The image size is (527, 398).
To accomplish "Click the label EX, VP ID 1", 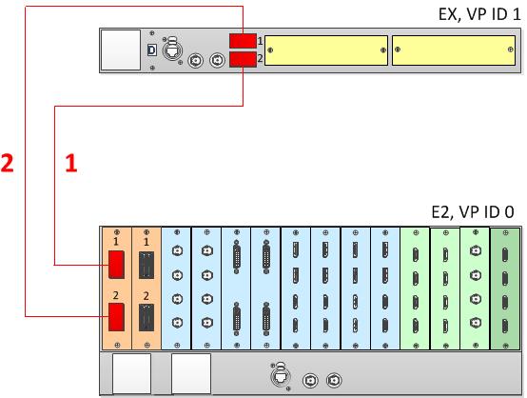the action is (x=479, y=14).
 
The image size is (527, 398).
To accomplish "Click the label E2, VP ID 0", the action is (x=473, y=212).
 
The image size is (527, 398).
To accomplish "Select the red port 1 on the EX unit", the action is (x=243, y=41).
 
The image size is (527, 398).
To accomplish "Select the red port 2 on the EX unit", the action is (x=243, y=60).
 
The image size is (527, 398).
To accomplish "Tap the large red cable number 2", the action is (x=7, y=163).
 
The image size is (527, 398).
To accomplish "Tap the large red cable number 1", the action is (x=71, y=163).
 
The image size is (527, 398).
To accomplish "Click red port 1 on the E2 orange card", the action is (x=116, y=265).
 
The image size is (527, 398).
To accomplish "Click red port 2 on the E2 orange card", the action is (x=116, y=317).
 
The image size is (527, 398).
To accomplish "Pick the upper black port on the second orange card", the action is (x=146, y=265).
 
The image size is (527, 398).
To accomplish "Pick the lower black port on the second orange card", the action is (x=146, y=318).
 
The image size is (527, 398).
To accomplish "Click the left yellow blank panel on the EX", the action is (x=326, y=50).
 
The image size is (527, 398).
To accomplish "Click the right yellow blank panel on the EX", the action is (x=454, y=50).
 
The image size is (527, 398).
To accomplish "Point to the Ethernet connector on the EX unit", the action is (x=172, y=50).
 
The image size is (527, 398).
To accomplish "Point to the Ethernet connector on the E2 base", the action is (x=280, y=375).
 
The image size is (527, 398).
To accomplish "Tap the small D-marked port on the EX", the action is (x=152, y=50).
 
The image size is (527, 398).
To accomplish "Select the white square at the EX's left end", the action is (x=121, y=50).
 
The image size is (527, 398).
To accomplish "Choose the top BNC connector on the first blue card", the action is (x=177, y=251).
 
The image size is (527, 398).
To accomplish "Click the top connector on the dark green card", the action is (x=505, y=254).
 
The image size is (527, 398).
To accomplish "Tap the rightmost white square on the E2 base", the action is (x=191, y=373).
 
